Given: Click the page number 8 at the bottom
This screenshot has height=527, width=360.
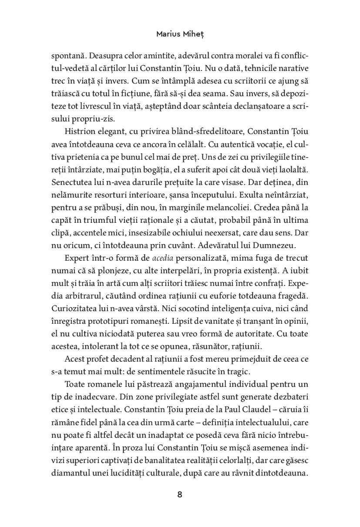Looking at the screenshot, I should click(x=180, y=495).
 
